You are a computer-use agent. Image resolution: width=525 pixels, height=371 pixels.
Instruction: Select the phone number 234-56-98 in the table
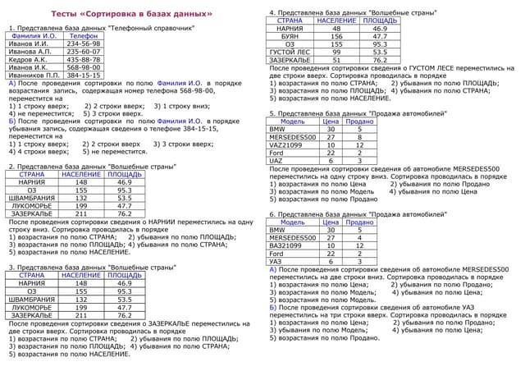pos(84,44)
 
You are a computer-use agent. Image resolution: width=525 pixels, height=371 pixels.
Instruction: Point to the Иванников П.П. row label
pos(33,75)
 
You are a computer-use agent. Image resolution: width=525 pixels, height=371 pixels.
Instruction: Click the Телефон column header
pos(84,37)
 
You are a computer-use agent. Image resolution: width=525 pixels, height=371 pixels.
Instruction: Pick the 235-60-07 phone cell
pos(84,52)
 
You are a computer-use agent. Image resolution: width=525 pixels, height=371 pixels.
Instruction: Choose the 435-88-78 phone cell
pos(84,60)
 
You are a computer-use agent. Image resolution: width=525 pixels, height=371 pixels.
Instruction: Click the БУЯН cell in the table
pos(290,37)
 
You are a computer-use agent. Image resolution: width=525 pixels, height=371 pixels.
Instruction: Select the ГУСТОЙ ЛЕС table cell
pos(290,53)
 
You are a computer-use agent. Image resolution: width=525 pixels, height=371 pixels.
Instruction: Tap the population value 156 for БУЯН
pos(336,37)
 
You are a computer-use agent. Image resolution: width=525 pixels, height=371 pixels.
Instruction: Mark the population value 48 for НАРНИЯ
pos(336,29)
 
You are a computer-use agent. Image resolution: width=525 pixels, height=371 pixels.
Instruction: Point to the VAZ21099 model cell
pos(285,145)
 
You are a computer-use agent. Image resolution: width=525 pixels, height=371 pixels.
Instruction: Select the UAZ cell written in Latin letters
pos(276,161)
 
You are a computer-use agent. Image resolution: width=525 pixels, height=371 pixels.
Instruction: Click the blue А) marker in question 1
pos(11,83)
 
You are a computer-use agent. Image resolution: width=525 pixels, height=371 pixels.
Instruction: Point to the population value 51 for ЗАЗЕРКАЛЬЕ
pos(336,60)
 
